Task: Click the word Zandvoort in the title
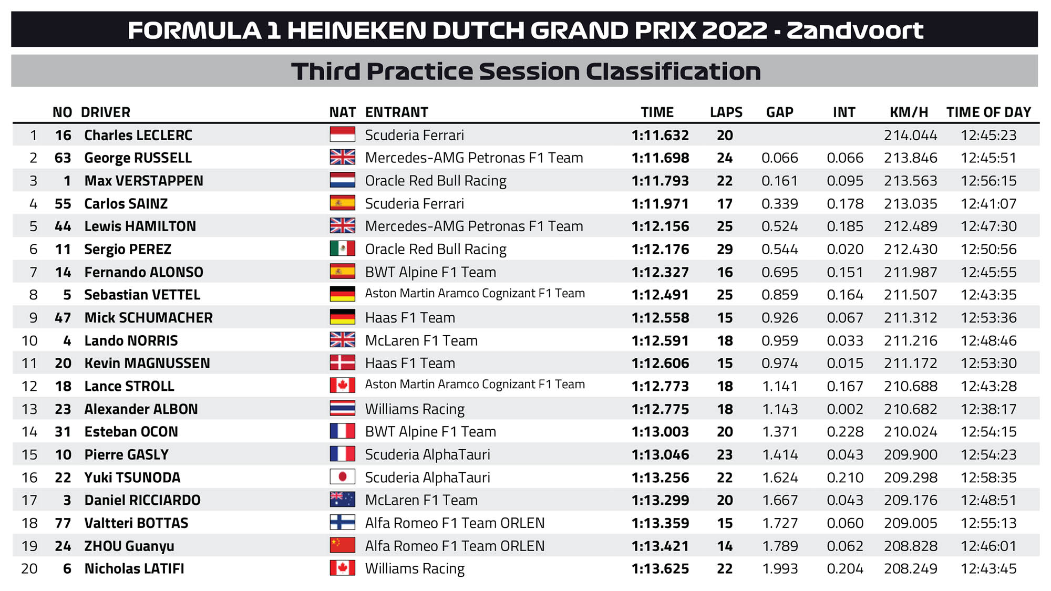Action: point(854,30)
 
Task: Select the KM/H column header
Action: point(909,112)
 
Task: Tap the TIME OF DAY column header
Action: point(988,112)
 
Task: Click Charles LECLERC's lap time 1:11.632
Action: point(660,136)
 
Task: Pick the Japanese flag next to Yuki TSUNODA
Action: point(342,477)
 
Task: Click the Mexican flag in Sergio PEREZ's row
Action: point(342,249)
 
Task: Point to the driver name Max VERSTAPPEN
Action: point(143,181)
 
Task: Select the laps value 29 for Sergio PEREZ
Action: point(725,249)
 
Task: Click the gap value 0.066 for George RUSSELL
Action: point(779,158)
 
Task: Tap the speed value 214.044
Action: point(910,136)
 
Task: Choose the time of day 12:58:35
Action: point(988,478)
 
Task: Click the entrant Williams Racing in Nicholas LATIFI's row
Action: point(415,569)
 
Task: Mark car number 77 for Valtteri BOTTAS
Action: point(63,523)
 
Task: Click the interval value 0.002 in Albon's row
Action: point(844,409)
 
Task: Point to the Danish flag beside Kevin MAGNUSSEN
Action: point(342,363)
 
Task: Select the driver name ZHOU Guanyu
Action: point(129,546)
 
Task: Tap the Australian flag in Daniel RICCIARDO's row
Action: point(342,500)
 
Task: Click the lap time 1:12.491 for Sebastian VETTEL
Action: point(660,295)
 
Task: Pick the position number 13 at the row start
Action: point(29,409)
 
